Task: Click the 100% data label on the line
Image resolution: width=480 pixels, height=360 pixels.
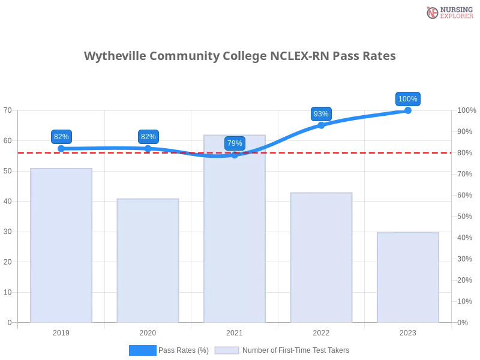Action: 408,99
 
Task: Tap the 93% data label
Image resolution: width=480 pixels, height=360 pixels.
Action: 321,114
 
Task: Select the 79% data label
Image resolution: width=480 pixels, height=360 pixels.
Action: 235,143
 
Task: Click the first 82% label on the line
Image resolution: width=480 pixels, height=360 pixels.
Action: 61,137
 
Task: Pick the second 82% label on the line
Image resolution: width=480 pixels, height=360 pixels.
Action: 148,137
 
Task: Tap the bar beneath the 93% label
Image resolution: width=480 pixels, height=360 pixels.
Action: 321,258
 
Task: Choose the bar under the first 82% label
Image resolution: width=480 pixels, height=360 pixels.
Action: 61,246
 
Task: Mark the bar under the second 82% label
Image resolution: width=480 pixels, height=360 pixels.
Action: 148,260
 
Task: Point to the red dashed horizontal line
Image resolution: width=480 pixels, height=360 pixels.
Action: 360,152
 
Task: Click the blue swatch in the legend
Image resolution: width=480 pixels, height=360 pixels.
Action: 142,350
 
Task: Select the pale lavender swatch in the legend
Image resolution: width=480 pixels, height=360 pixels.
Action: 227,350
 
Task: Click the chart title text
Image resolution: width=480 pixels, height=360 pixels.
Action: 240,56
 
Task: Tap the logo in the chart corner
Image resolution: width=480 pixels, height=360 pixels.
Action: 448,13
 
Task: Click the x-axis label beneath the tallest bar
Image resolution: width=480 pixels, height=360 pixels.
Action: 235,332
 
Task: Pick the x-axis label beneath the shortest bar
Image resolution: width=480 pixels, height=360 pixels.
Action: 408,332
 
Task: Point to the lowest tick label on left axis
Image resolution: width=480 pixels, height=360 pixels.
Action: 9,322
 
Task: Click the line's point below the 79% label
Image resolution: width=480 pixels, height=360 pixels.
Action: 235,155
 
